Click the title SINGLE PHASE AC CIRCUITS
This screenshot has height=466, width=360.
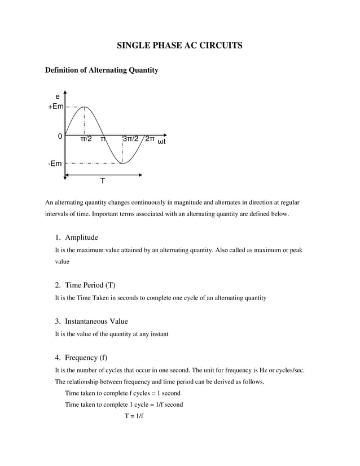pyautogui.click(x=179, y=45)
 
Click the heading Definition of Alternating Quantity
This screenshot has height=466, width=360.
pyautogui.click(x=101, y=71)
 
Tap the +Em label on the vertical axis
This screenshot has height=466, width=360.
pyautogui.click(x=55, y=107)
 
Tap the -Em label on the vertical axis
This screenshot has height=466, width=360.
pyautogui.click(x=55, y=164)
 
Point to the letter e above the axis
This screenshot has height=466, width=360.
pyautogui.click(x=57, y=97)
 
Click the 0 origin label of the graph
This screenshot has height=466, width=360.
pyautogui.click(x=60, y=137)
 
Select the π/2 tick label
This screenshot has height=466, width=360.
pyautogui.click(x=86, y=139)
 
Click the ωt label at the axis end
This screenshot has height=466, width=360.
pyautogui.click(x=162, y=141)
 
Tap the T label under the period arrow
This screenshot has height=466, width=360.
pyautogui.click(x=102, y=182)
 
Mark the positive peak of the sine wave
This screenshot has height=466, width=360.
pyautogui.click(x=84, y=107)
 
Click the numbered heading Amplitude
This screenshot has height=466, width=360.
pyautogui.click(x=81, y=237)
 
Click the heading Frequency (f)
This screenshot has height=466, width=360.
pyautogui.click(x=86, y=358)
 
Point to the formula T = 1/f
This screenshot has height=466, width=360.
pyautogui.click(x=134, y=416)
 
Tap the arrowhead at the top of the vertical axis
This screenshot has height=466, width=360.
pyautogui.click(x=65, y=92)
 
